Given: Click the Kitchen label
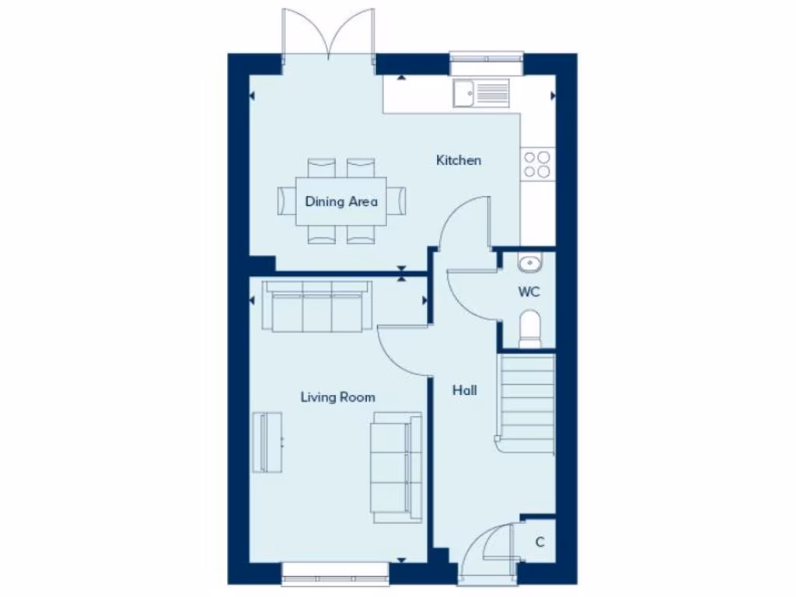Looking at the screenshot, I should click(x=458, y=160).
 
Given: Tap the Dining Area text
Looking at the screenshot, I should click(x=341, y=201).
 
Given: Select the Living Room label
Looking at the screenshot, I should click(x=337, y=397).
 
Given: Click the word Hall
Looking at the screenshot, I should click(x=465, y=390).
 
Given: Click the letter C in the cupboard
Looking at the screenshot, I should click(x=539, y=542).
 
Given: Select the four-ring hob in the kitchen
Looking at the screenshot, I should click(x=536, y=163).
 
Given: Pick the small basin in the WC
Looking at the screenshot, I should click(x=529, y=263).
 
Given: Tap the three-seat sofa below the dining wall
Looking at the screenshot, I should click(x=316, y=306).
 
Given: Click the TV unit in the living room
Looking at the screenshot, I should click(x=269, y=442).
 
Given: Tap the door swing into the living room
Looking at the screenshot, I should click(x=400, y=348).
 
